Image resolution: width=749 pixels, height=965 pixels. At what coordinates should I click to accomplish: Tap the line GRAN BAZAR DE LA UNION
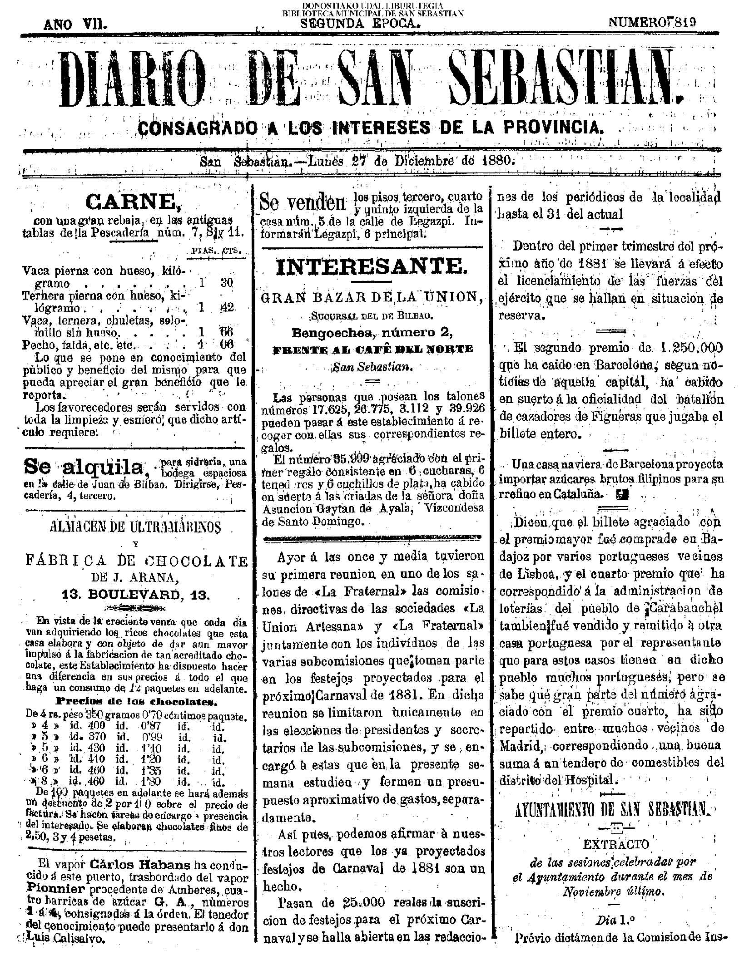tap(372, 297)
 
